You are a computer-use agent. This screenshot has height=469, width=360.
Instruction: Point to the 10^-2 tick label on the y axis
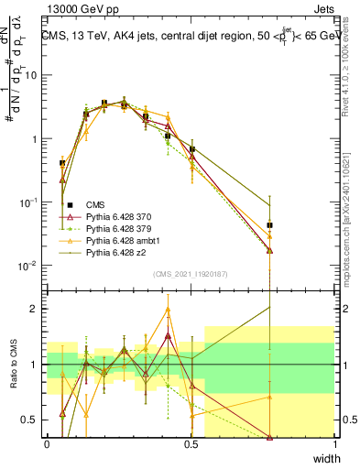coord(28,266)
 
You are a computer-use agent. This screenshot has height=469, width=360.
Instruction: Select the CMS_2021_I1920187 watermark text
coord(191,274)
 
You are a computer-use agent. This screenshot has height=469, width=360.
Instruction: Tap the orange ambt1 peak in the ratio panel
coord(169,309)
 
